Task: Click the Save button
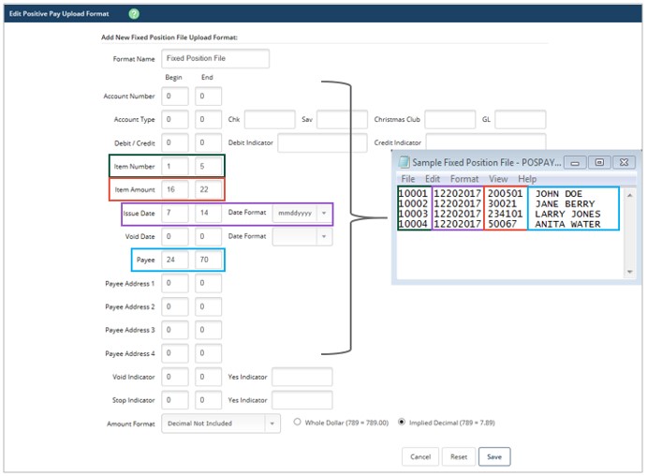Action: (494, 456)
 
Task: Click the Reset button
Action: (459, 456)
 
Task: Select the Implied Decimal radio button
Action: (402, 422)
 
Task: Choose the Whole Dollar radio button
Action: (297, 422)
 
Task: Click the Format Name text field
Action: (215, 59)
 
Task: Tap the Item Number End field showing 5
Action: (209, 166)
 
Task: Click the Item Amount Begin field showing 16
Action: (175, 189)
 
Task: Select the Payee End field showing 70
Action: (209, 260)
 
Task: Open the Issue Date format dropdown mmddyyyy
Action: (302, 213)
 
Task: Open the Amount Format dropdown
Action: (221, 424)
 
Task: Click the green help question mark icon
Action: (134, 14)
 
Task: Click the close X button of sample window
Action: (624, 162)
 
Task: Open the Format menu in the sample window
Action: (464, 179)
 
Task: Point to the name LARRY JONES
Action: (567, 214)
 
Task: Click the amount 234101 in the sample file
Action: (505, 214)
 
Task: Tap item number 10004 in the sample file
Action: (413, 224)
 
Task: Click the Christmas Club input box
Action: (449, 119)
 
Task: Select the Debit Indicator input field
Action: (322, 142)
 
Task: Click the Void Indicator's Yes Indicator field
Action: (302, 377)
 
